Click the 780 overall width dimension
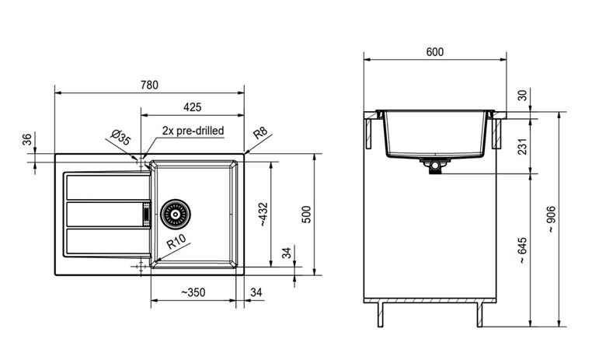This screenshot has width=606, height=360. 149,85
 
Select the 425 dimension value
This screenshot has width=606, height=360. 193,107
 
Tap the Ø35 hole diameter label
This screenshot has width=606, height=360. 121,138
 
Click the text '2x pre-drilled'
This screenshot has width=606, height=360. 193,131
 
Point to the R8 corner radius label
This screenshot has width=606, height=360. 260,133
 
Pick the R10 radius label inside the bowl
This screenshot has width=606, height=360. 176,242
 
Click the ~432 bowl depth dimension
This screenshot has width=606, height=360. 263,215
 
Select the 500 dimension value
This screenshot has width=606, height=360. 306,215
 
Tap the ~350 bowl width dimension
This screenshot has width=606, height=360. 193,292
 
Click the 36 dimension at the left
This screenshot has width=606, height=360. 26,140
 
